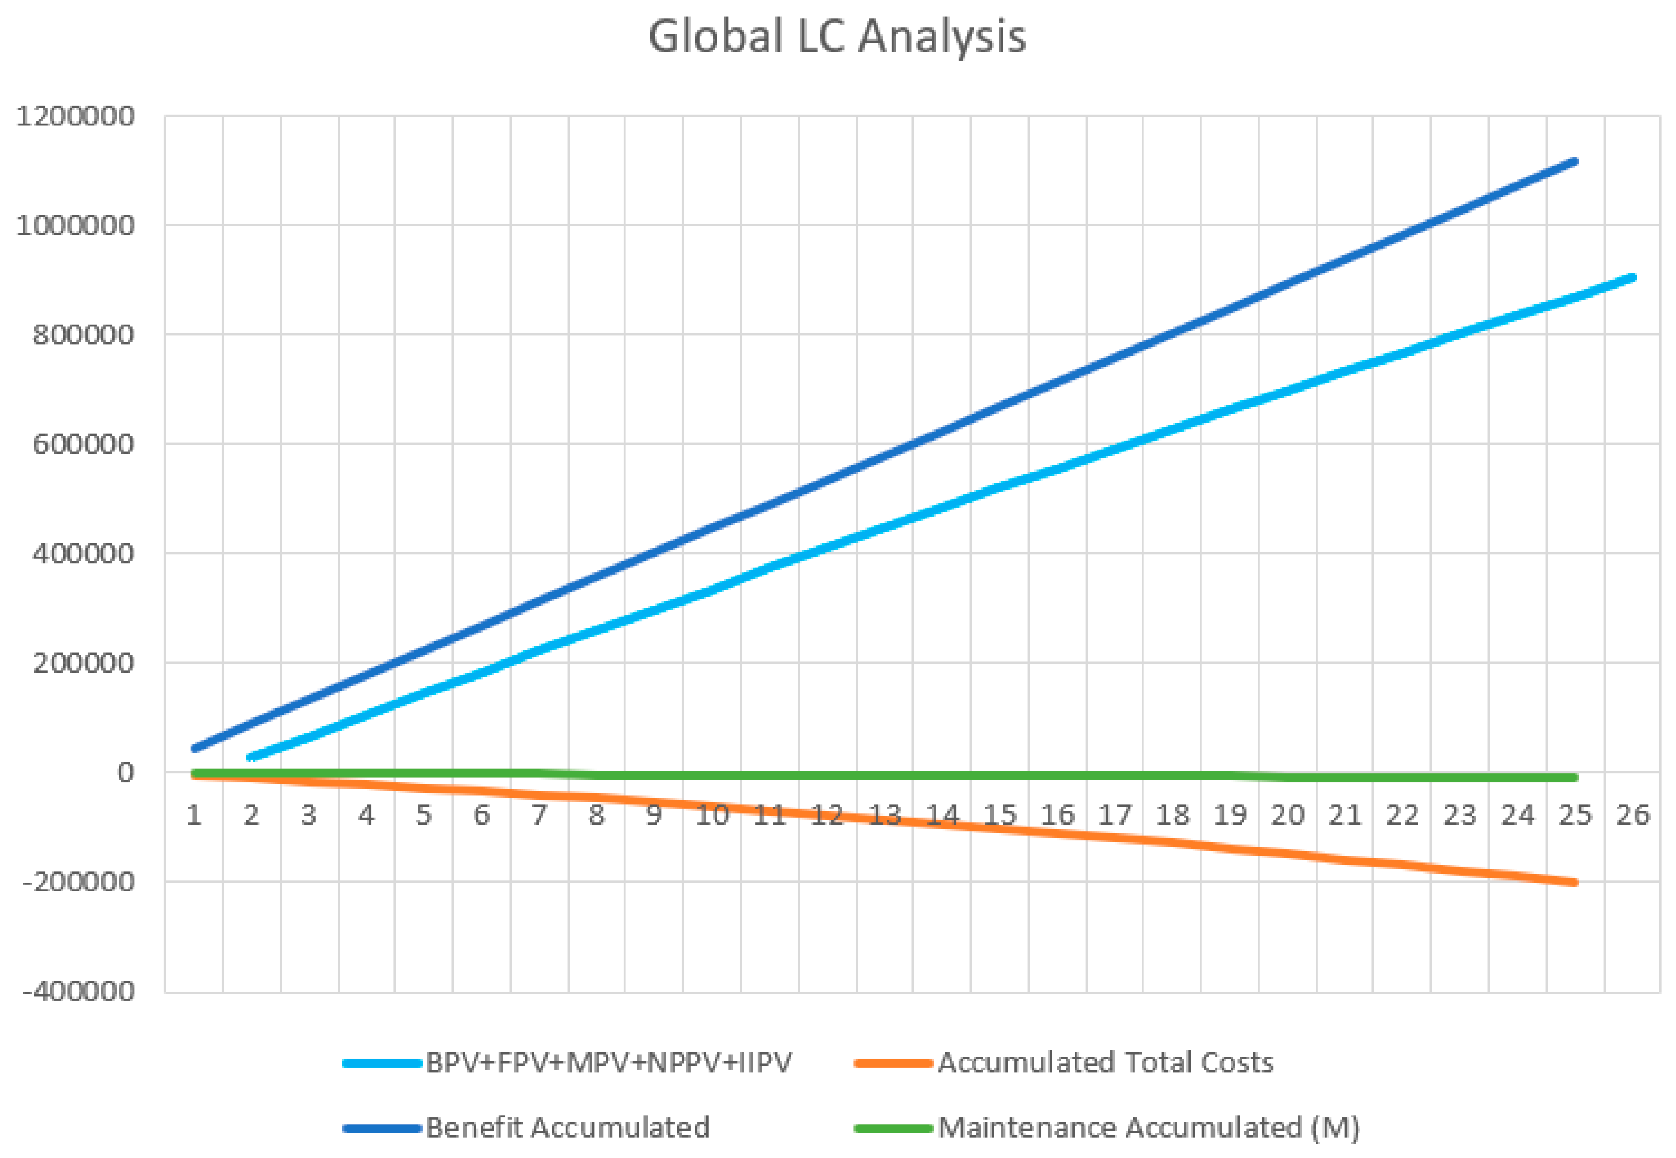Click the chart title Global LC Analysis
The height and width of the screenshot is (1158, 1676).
point(836,36)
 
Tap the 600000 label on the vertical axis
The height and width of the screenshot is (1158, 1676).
point(83,444)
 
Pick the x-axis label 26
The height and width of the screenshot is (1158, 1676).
point(1633,815)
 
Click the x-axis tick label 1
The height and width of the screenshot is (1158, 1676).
point(194,815)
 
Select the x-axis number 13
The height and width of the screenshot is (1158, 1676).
point(884,815)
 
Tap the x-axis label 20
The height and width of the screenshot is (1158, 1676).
point(1288,815)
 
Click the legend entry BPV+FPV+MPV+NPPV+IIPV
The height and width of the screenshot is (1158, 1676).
point(609,1062)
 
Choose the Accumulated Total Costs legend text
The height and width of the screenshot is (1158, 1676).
point(1106,1062)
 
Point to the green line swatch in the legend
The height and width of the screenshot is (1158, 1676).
point(893,1128)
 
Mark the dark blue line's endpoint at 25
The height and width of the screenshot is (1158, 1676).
point(1575,161)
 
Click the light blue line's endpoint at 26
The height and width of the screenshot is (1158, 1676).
point(1633,278)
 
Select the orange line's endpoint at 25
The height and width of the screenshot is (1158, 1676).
point(1575,882)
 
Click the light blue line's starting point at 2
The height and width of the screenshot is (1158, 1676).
point(251,758)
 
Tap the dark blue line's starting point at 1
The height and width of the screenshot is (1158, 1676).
point(194,748)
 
